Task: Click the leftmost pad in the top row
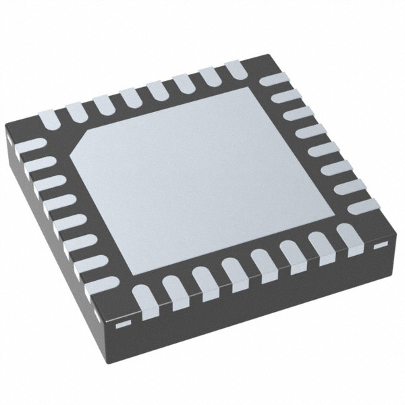tap(49, 119)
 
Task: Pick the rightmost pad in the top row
tap(235, 67)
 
